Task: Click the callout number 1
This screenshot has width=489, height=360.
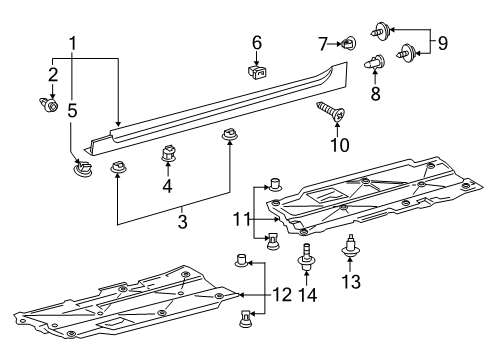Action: [x=73, y=44]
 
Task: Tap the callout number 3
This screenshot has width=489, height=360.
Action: [x=181, y=219]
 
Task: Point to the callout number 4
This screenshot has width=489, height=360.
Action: [x=168, y=185]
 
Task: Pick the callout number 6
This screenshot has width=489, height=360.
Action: [x=257, y=43]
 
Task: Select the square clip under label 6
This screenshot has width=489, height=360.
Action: [x=257, y=71]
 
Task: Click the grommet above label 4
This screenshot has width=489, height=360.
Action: [x=168, y=156]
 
